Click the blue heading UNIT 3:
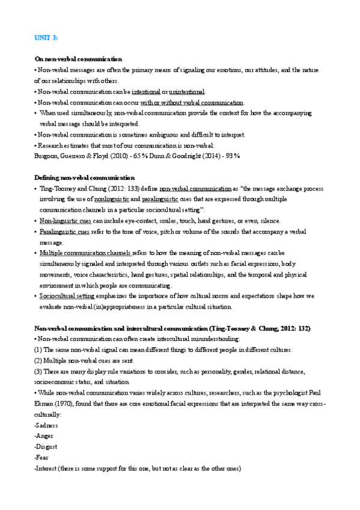tap(46, 38)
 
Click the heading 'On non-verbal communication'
tap(78, 59)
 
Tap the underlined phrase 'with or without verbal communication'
tap(201, 103)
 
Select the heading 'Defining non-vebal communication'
tap(84, 177)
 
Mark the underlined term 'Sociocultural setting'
tap(67, 296)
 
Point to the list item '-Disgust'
tap(46, 447)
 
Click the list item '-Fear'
tap(43, 458)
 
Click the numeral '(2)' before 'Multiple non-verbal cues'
tap(38, 360)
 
